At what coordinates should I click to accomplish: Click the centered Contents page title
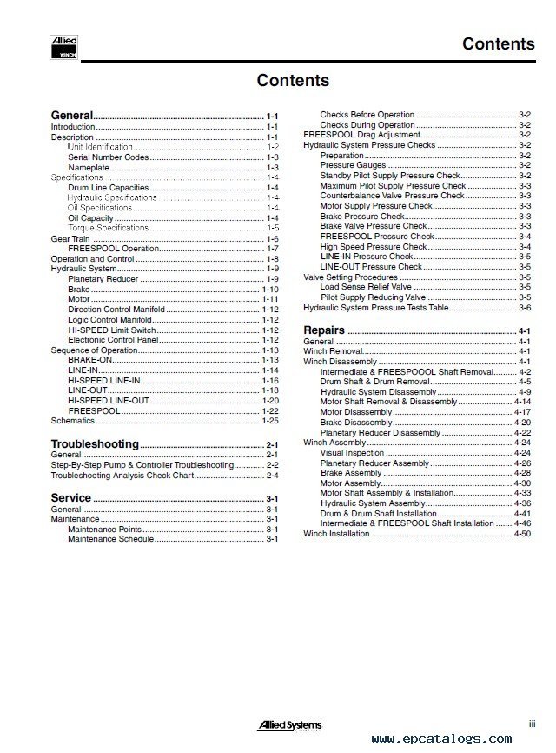click(x=293, y=81)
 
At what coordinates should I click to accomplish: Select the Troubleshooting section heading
click(x=95, y=444)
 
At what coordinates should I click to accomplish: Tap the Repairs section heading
click(x=323, y=330)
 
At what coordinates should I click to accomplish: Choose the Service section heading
click(x=71, y=498)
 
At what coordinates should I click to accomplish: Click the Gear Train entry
click(x=70, y=238)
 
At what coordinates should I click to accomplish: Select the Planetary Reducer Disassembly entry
click(x=380, y=432)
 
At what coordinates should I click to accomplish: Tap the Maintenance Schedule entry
click(x=110, y=540)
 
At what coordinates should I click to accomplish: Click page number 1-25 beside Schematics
click(x=270, y=421)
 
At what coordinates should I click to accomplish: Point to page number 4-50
click(x=522, y=534)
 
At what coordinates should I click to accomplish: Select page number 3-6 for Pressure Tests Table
click(x=525, y=308)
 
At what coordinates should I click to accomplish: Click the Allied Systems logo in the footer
click(x=291, y=724)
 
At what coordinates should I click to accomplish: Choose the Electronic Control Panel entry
click(x=113, y=339)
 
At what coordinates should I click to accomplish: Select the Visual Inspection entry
click(x=352, y=453)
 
